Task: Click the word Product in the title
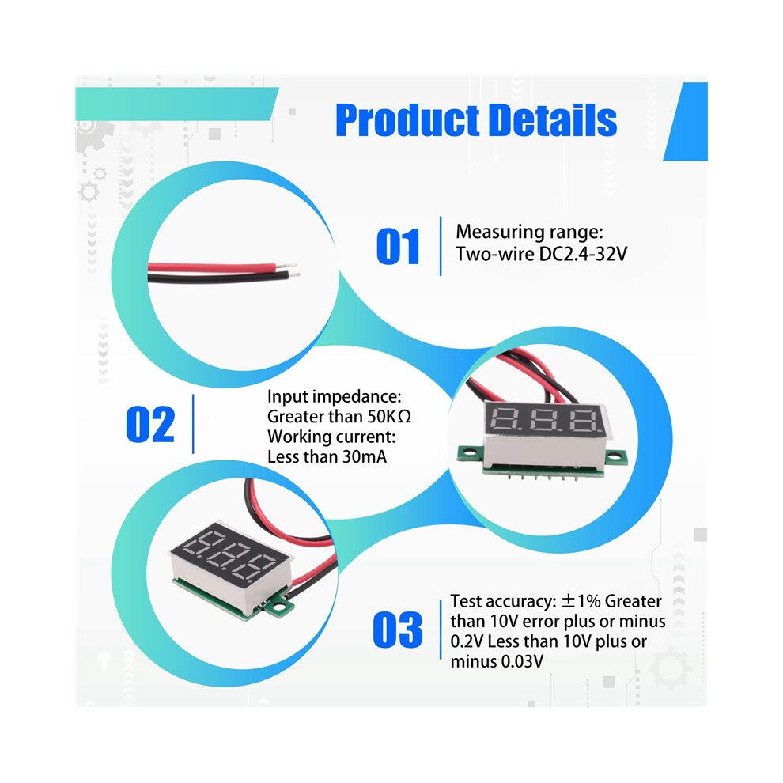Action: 407,120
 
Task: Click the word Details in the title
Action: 552,120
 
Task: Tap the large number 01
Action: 398,246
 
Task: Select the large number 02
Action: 150,424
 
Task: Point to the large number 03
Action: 398,630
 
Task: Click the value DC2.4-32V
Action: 583,254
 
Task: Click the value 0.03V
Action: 522,662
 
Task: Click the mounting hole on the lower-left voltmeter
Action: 279,607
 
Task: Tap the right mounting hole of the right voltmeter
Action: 618,456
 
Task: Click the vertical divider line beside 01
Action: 441,246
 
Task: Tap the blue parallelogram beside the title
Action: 685,122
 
